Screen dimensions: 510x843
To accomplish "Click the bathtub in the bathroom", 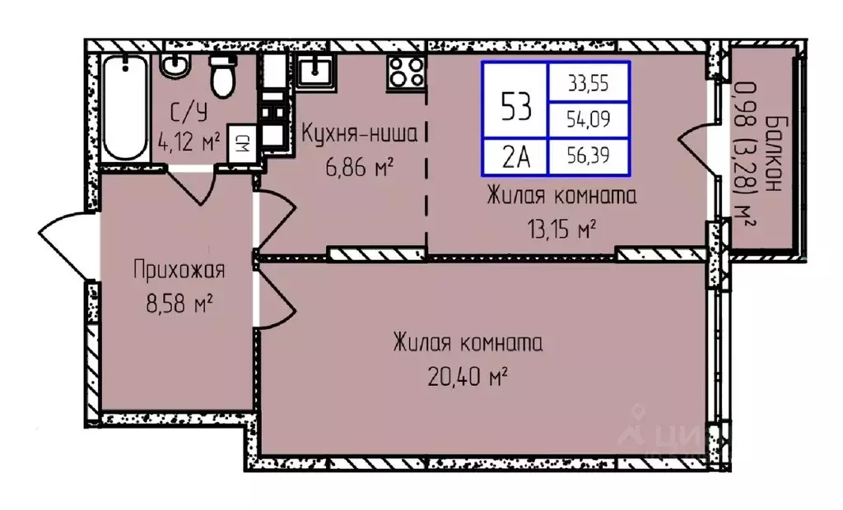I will [125, 109].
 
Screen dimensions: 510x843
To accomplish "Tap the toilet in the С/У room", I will [221, 76].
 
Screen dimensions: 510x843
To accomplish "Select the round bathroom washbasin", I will [174, 66].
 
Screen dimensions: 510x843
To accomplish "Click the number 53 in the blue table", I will [515, 104].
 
